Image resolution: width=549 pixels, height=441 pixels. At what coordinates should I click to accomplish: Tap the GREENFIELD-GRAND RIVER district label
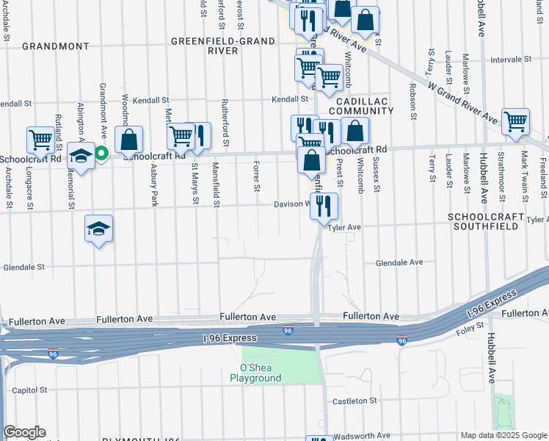(206, 46)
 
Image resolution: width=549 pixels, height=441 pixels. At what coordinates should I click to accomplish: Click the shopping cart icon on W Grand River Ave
(516, 121)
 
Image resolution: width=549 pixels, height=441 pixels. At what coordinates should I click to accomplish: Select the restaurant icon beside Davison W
(324, 207)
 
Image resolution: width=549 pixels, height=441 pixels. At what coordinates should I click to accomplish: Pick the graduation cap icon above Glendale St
(98, 228)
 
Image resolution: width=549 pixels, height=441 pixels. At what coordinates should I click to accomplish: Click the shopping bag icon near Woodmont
(128, 139)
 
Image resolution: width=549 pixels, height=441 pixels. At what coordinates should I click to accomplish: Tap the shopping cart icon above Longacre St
(40, 139)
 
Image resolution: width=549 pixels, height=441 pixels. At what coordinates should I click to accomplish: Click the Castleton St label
(354, 401)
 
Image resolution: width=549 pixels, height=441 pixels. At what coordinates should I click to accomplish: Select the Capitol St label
(29, 390)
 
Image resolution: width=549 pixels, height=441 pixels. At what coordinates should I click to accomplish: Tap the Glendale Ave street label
(399, 262)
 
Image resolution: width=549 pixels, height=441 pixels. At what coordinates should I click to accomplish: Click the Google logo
(24, 432)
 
